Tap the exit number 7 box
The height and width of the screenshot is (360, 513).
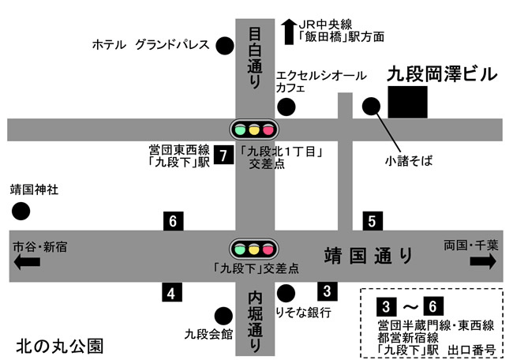coord(224,156)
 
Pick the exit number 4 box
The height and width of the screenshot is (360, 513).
coord(170,294)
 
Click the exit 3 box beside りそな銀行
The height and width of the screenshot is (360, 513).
coord(328,291)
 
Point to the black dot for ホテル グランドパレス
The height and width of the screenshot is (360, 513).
coord(226,45)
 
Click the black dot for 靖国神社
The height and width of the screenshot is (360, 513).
coord(21,212)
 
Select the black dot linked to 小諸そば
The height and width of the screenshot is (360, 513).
coord(370,106)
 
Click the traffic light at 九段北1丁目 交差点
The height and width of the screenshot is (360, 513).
coord(253,128)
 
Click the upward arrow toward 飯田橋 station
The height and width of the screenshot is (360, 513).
coord(288,32)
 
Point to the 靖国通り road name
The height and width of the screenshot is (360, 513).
coord(369,256)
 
